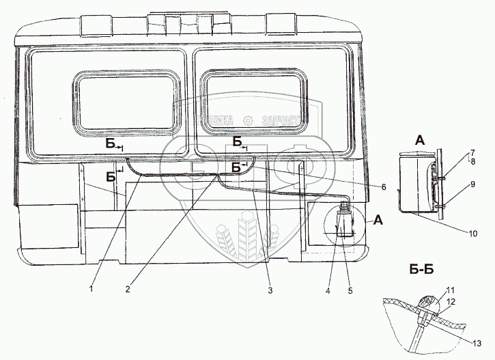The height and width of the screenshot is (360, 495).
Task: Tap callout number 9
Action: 470,183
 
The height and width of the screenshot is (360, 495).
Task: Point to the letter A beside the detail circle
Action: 378,220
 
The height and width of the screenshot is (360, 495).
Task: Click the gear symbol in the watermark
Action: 247,120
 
